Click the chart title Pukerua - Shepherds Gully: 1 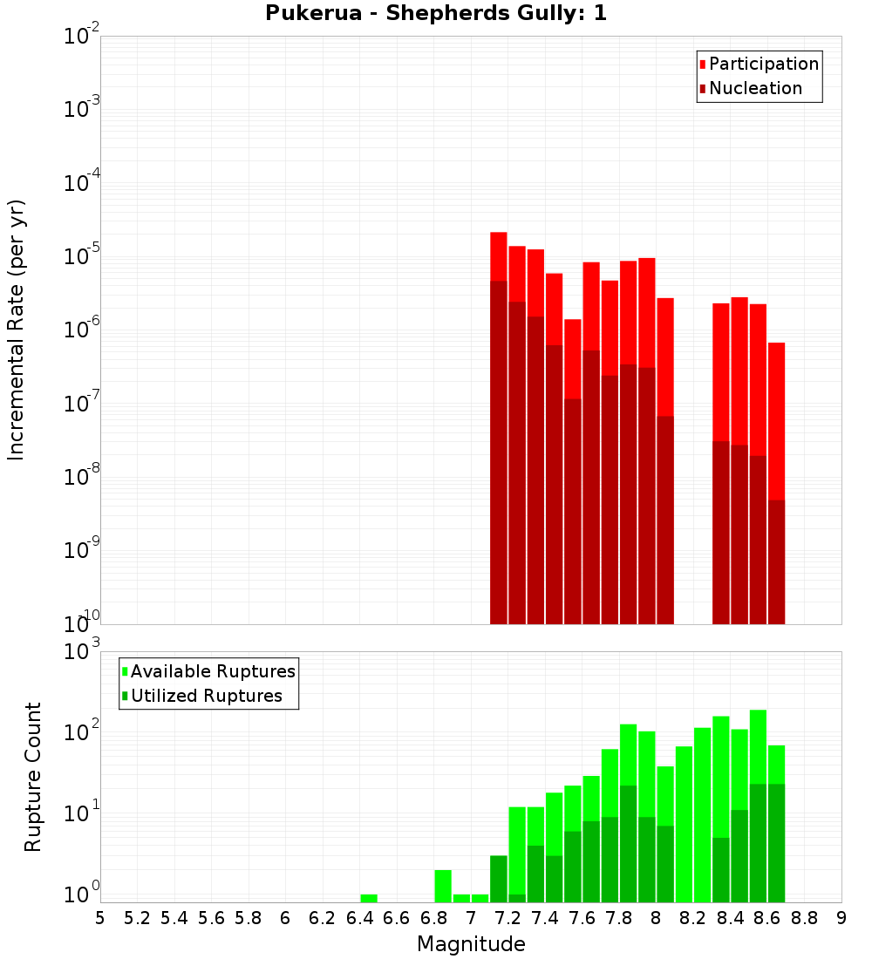[x=435, y=13]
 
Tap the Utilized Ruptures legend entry [x=206, y=696]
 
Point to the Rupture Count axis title [x=33, y=776]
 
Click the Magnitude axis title [x=471, y=944]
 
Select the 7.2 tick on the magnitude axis [x=508, y=917]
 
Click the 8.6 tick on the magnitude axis [x=767, y=917]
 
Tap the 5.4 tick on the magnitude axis [x=174, y=917]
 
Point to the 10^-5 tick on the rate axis [x=80, y=255]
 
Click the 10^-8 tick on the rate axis [x=80, y=476]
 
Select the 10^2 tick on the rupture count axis [x=80, y=731]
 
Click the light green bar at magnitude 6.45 [x=369, y=898]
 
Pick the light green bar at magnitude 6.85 [x=443, y=886]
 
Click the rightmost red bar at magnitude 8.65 [x=776, y=418]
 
